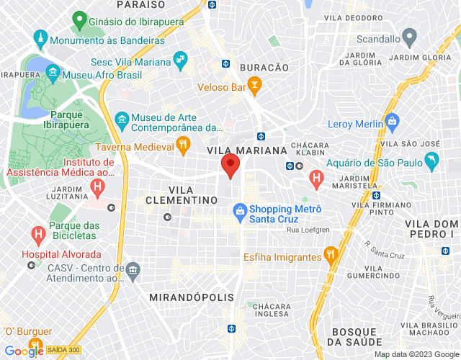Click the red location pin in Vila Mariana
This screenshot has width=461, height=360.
230,165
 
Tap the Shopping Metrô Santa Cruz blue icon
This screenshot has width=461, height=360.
240,210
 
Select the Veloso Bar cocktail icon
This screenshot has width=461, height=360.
254,88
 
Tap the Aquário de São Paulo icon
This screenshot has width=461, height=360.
431,162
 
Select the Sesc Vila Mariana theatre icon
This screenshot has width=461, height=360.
180,59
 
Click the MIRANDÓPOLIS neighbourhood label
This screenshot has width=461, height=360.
181,297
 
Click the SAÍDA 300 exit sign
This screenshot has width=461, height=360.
64,350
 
